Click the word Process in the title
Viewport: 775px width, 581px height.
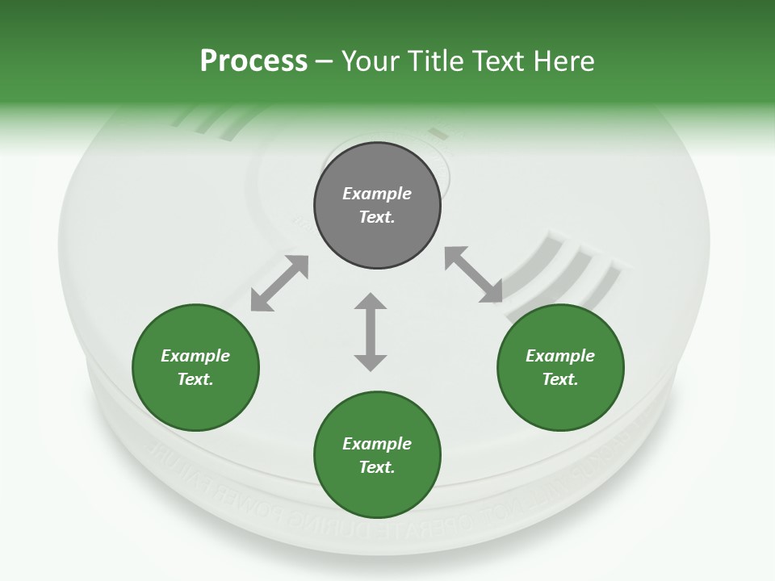point(253,61)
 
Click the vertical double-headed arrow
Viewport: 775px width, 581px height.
point(371,332)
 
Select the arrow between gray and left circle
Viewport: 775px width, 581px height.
point(279,283)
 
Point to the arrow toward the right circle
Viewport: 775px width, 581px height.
point(474,274)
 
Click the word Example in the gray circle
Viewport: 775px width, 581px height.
point(377,194)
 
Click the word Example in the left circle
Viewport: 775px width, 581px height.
point(195,356)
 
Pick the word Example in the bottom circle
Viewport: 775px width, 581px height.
point(377,444)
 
